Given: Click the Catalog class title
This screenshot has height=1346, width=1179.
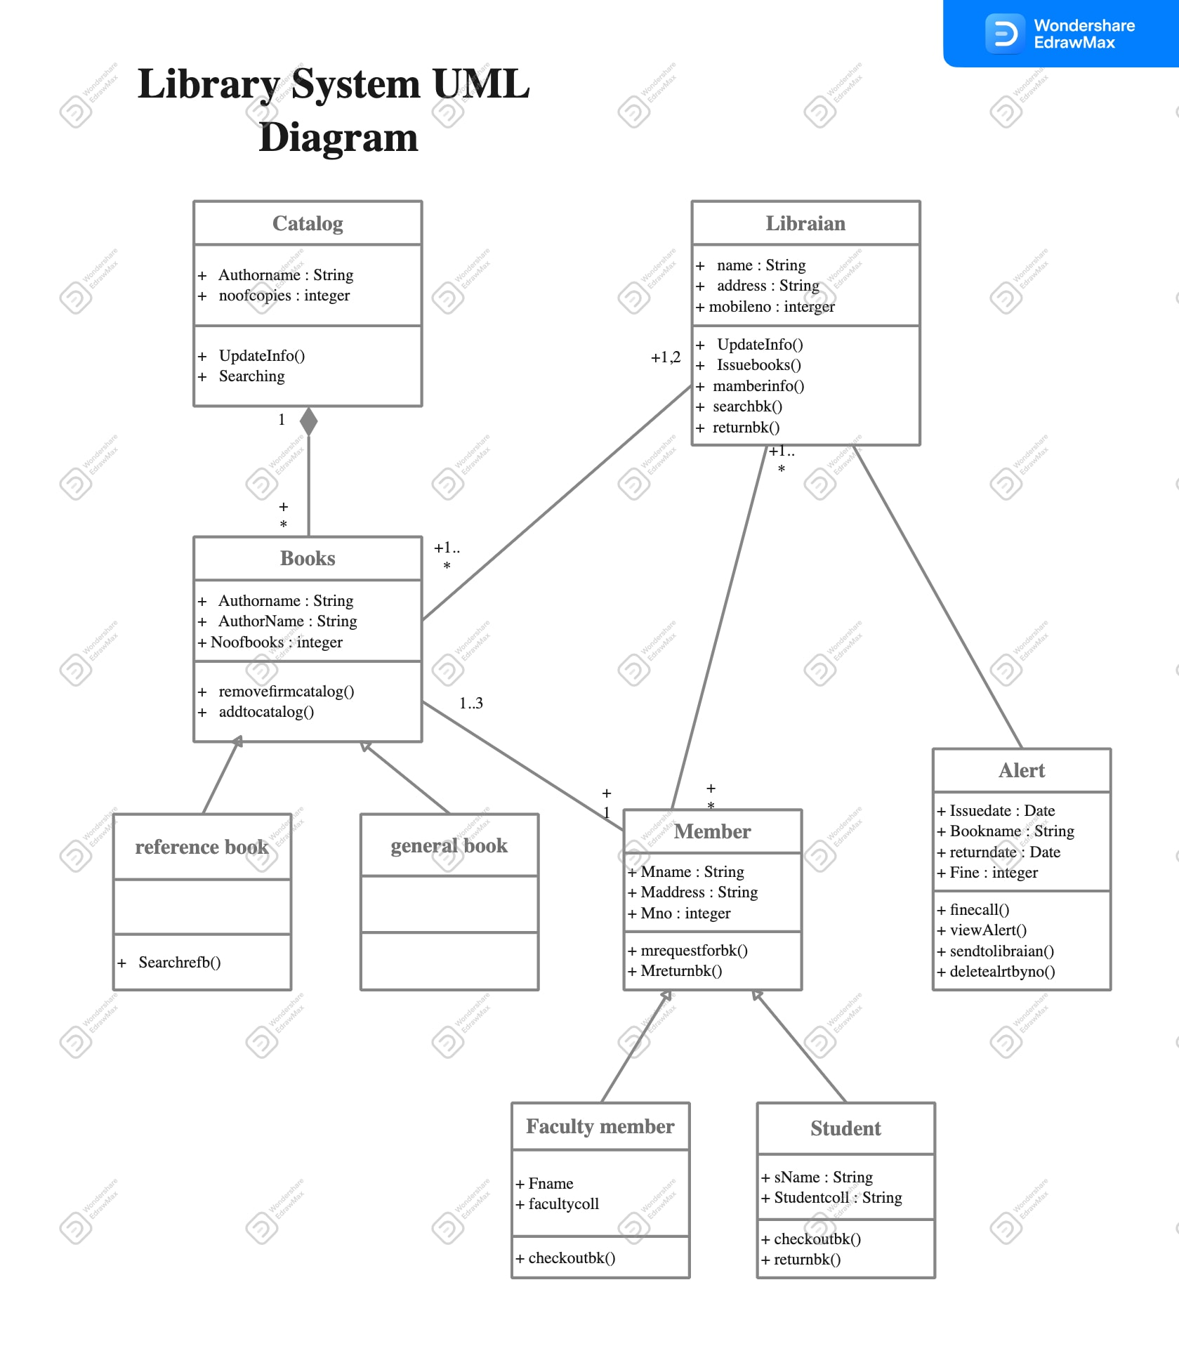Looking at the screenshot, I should coord(308,223).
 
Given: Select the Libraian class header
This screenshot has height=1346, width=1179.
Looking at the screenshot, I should coord(805,223).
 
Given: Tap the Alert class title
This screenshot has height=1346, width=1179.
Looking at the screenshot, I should coord(1021,770).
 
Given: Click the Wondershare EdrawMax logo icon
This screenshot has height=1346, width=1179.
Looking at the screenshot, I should coord(1005,34).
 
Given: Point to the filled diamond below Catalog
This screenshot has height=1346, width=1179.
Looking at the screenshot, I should coord(308,421).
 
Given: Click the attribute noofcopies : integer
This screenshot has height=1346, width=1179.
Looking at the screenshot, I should coord(284,296).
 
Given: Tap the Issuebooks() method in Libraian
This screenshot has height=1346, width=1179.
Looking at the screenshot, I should coord(758,365).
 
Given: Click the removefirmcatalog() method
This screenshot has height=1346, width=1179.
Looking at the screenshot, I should coord(286,692).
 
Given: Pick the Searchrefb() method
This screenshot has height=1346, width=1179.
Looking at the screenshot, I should coord(179,963).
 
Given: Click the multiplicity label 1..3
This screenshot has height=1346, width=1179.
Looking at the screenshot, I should coord(470,703).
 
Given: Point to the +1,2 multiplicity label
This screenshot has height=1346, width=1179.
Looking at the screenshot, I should coord(665,357).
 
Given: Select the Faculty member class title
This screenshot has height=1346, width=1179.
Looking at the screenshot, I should coord(600,1126).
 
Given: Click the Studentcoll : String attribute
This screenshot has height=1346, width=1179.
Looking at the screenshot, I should coord(837,1198).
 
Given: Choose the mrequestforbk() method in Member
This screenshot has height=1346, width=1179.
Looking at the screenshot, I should coord(693,951).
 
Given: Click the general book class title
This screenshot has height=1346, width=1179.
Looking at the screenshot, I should coord(449,845).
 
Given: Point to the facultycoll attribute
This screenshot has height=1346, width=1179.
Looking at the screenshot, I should coord(563,1204).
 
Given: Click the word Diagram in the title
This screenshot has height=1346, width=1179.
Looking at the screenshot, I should coord(338,137).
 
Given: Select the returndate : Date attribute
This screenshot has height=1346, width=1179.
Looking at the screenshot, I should coord(1004,852).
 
